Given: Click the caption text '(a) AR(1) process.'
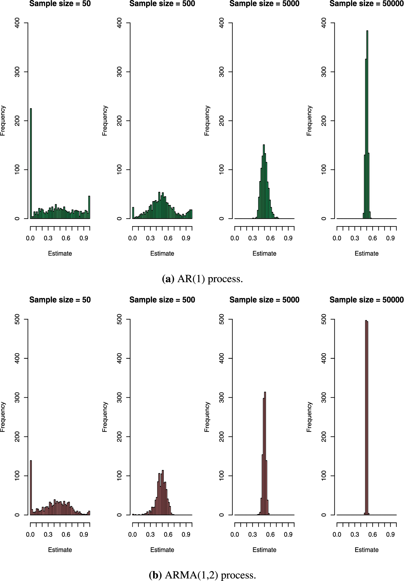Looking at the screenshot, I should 202,279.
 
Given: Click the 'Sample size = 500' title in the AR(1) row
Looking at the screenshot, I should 162,4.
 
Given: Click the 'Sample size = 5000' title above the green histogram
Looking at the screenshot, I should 264,4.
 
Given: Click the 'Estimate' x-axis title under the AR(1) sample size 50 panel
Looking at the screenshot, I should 60,253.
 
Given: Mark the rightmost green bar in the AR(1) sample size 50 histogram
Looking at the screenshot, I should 89,207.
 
